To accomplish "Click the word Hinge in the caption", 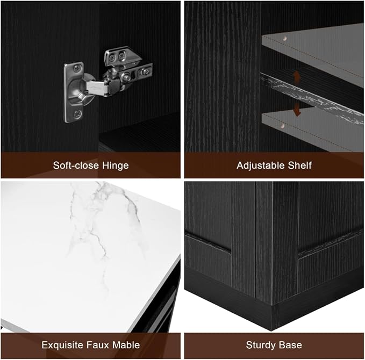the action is pyautogui.click(x=116, y=166).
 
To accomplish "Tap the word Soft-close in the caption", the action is pyautogui.click(x=76, y=165).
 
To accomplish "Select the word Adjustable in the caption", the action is pyautogui.click(x=261, y=165).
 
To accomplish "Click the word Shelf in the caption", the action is pyautogui.click(x=300, y=165).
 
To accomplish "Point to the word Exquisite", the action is pyautogui.click(x=62, y=345).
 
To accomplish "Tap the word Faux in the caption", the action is pyautogui.click(x=98, y=345).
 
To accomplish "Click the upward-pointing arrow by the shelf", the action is pyautogui.click(x=296, y=78).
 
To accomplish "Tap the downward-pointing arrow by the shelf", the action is pyautogui.click(x=297, y=109).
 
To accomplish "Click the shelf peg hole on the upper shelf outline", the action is pyautogui.click(x=284, y=38).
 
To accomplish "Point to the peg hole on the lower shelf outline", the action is pyautogui.click(x=282, y=126).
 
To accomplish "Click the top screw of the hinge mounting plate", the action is pyautogui.click(x=76, y=68).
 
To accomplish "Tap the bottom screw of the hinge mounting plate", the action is pyautogui.click(x=77, y=114).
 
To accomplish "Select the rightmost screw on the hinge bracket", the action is pyautogui.click(x=146, y=71).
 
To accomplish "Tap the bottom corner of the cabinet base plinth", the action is pyautogui.click(x=271, y=330).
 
